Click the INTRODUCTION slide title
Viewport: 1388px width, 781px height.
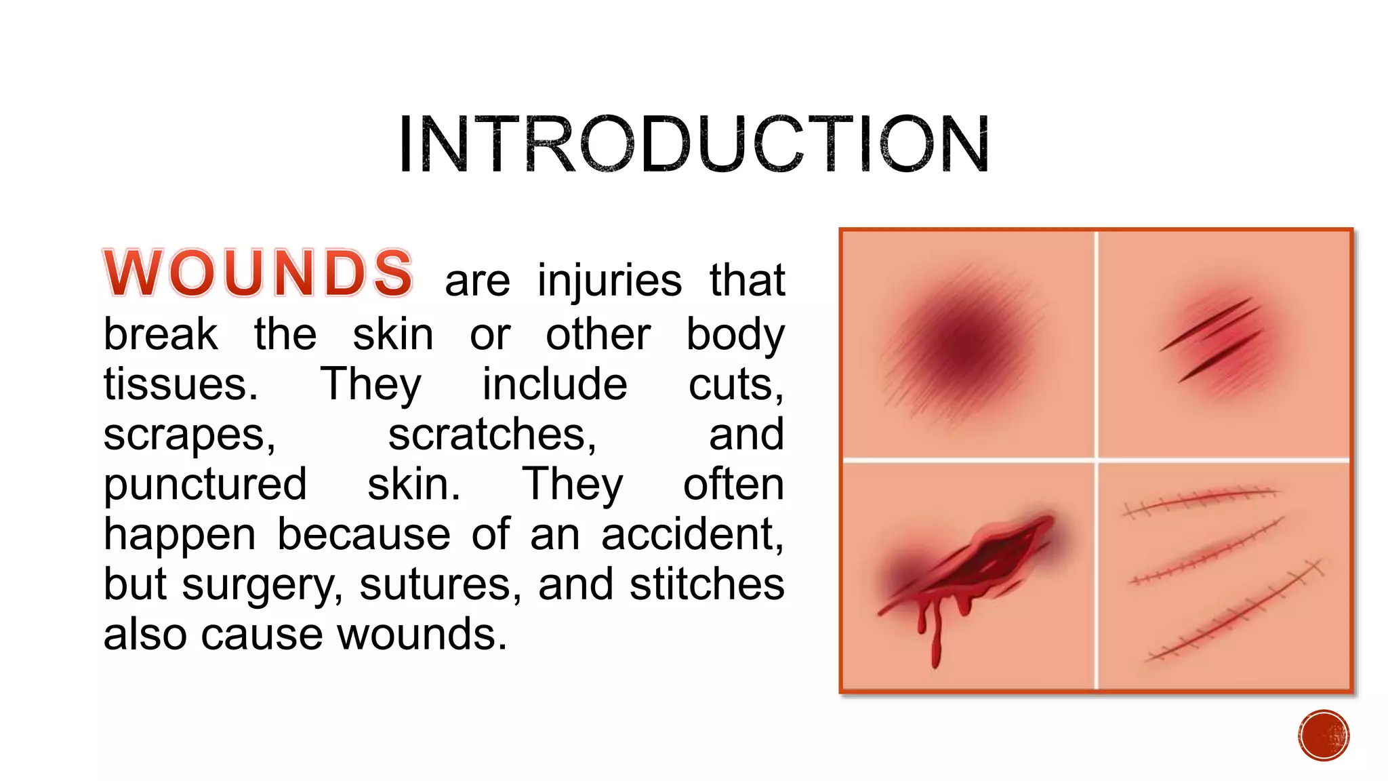point(693,144)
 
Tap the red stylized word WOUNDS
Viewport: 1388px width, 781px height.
point(258,273)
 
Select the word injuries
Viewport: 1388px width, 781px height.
point(609,281)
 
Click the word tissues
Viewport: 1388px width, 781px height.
point(180,384)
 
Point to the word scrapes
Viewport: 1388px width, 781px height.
point(189,435)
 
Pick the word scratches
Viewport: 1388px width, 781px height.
point(492,435)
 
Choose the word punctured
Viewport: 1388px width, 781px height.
point(205,485)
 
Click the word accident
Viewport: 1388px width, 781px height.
point(692,534)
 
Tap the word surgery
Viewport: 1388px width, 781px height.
point(262,585)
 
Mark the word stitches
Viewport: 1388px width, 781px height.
point(707,584)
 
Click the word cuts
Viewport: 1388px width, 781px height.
point(736,384)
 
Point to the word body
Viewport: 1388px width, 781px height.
point(735,335)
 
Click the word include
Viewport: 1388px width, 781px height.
point(554,384)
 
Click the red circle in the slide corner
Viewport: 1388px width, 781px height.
point(1324,736)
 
